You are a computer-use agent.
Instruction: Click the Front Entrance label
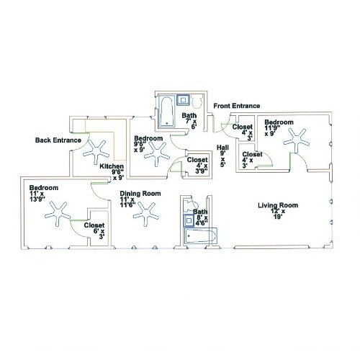pos(237,106)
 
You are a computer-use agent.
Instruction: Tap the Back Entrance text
pos(58,140)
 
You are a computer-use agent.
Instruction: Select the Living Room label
pos(278,205)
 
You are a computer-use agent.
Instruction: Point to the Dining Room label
pos(140,194)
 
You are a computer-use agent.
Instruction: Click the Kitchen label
pos(112,166)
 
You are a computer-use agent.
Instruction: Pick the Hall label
pos(222,148)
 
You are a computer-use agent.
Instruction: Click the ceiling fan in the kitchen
pos(94,151)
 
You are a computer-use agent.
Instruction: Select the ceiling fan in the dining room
pos(145,214)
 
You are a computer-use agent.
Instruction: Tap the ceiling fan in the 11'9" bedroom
pos(296,140)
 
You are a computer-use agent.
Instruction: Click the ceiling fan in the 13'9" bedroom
pos(58,214)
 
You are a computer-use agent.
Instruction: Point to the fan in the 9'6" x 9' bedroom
pos(157,154)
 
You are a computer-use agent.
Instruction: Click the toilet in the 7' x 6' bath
pos(197,101)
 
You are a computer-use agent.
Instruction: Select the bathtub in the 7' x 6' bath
pos(167,111)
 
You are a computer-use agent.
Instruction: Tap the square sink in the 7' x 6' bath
pos(184,99)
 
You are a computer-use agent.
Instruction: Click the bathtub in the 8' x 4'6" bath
pos(200,236)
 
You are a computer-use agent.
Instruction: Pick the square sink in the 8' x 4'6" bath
pos(189,220)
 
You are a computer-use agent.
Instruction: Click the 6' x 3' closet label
pos(94,231)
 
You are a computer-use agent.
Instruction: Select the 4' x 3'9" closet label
pos(197,165)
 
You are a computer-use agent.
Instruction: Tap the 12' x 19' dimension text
pos(278,214)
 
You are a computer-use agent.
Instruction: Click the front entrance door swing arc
pos(228,125)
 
